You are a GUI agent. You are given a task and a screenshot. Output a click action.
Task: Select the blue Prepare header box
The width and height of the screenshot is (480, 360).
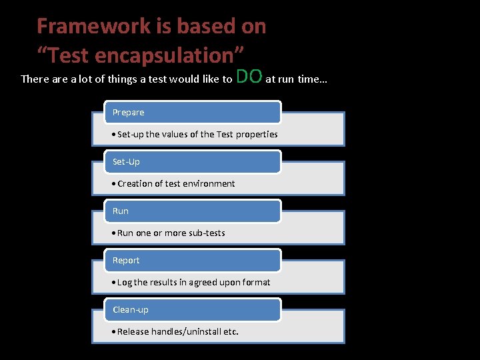pyautogui.click(x=193, y=112)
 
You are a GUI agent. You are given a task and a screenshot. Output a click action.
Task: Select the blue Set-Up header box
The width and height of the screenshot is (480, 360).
pyautogui.click(x=193, y=161)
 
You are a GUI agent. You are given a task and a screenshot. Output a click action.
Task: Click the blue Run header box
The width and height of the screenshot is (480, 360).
pyautogui.click(x=193, y=211)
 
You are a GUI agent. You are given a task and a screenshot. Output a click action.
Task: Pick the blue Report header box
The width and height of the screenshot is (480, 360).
pyautogui.click(x=193, y=260)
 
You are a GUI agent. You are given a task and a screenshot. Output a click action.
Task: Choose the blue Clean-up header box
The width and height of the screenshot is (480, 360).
pyautogui.click(x=193, y=309)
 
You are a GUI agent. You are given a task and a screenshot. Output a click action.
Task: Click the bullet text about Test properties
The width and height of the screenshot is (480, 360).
pyautogui.click(x=195, y=135)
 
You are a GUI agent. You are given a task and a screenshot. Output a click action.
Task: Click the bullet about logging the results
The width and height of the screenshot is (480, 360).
pyautogui.click(x=191, y=283)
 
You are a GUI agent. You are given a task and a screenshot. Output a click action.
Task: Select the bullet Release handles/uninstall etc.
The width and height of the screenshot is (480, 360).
pyautogui.click(x=175, y=332)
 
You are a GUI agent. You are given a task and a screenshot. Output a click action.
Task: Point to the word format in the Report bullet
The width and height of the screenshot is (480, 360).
pyautogui.click(x=256, y=283)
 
